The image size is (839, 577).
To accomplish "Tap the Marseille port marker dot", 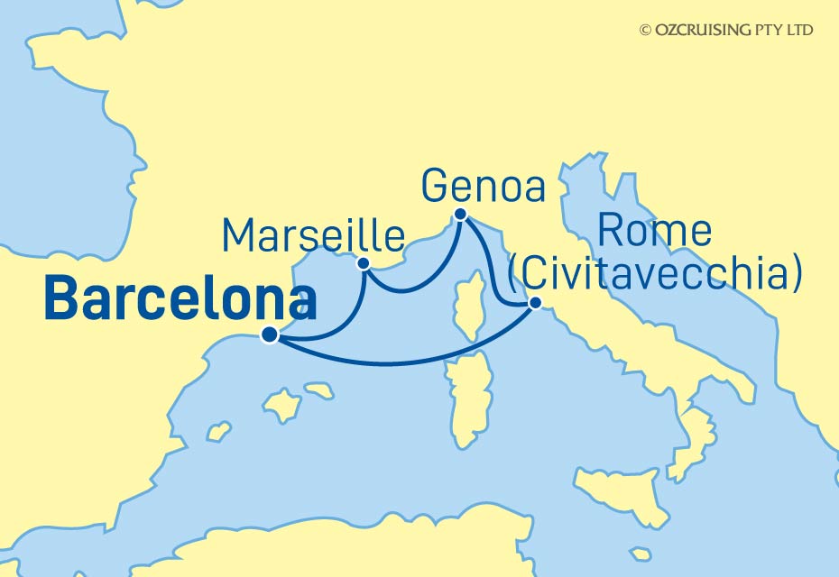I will [364, 263].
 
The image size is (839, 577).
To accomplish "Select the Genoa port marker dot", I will [460, 215].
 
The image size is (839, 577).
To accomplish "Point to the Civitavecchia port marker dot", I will [534, 304].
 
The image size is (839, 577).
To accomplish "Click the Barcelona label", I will [180, 301].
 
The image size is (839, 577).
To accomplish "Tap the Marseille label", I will [312, 236].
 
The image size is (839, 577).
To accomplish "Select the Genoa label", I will [483, 188].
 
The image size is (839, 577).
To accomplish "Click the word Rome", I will [654, 233].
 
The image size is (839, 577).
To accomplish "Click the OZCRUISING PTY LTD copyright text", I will [725, 30].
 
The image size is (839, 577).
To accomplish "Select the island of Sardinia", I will [470, 397].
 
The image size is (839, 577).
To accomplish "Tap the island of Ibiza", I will [218, 431].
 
